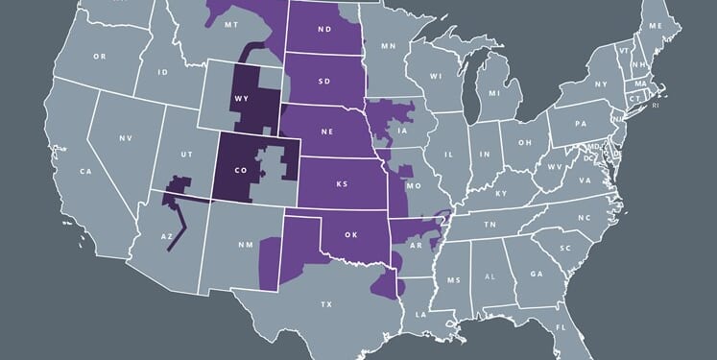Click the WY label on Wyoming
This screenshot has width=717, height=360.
240,98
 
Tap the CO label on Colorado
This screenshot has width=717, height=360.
240,171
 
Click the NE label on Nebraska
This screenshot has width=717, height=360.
326,136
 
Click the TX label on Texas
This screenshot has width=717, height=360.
326,303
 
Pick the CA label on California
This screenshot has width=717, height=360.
85,171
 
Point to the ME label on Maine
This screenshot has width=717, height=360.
657,25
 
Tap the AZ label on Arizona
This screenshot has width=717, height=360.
166,235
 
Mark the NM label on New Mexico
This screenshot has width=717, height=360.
245,244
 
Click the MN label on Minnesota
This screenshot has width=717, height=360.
388,45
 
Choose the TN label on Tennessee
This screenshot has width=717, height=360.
490,223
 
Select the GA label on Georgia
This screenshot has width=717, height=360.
536,274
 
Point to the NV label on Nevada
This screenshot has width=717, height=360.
125,138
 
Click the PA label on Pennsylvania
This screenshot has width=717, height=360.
581,124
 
